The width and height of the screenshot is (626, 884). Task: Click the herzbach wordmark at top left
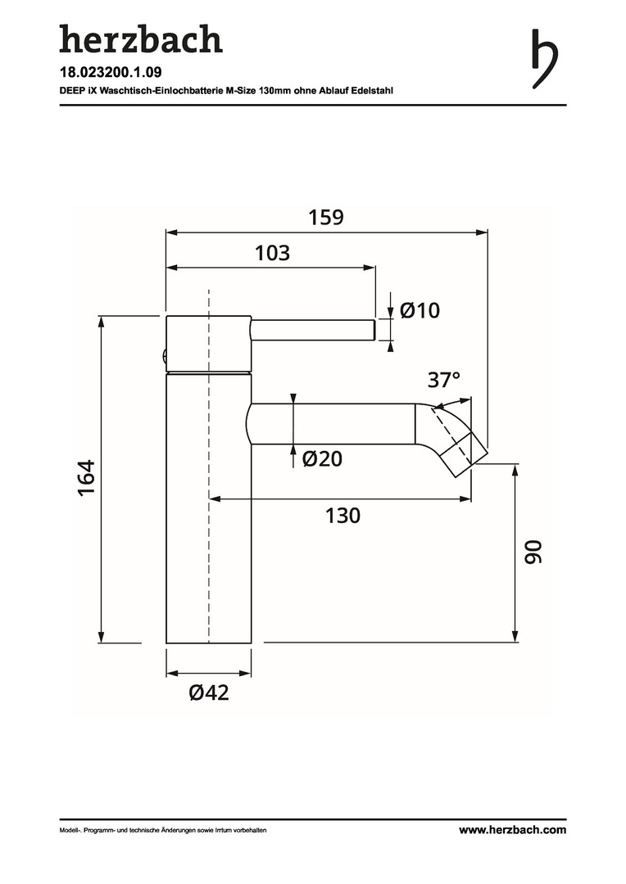[141, 39]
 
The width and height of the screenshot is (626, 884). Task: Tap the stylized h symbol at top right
[545, 58]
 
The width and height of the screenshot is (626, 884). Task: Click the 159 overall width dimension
[326, 218]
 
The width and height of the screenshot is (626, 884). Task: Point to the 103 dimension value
[272, 253]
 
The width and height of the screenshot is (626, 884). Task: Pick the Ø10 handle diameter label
[420, 310]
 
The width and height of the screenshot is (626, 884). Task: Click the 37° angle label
[443, 380]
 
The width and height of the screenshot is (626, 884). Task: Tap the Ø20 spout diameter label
[322, 459]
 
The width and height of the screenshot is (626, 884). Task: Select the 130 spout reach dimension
[342, 516]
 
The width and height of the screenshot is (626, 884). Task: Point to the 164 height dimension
[86, 478]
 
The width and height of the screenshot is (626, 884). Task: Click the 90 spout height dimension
[533, 552]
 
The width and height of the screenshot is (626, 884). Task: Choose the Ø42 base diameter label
[210, 692]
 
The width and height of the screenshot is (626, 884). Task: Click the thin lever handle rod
[313, 330]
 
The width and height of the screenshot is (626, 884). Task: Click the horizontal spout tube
[333, 423]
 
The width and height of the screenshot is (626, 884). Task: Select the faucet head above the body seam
[208, 344]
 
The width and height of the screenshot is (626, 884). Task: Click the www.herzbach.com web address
[513, 829]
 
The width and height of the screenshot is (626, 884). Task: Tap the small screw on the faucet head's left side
[163, 356]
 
